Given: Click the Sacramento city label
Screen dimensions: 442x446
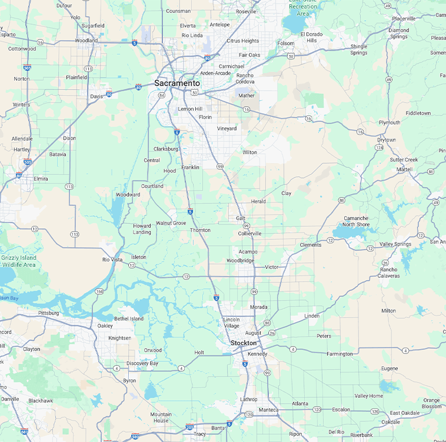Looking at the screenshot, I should point(177,83).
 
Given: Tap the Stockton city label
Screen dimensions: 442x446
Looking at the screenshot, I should point(244,343).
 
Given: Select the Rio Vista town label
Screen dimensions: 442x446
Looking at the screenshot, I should point(112,259).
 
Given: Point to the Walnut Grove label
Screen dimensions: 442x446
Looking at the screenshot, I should point(171,223).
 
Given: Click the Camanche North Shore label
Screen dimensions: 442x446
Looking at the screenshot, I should point(357,221).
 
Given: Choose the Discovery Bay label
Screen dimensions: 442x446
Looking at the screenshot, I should point(142,363).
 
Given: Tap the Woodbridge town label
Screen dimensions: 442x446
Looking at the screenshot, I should point(240,260).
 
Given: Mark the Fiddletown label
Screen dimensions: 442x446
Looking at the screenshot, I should point(418,113).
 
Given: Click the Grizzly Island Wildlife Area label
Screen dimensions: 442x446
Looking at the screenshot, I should point(18,261).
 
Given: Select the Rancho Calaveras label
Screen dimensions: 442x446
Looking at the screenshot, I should point(388,273).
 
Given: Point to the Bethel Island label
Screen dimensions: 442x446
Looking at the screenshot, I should point(128,319).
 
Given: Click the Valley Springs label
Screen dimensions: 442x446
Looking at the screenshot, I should point(395,244).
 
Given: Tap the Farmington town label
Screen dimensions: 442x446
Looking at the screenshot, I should point(340,354).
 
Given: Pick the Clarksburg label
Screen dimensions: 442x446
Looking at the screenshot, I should point(165,149).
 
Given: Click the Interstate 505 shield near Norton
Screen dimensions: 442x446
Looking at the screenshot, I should point(27,68).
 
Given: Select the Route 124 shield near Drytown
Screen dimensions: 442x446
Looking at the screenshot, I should point(379,147).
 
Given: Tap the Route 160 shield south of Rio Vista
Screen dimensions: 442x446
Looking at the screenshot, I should point(99,291).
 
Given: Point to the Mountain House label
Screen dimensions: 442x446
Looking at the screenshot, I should point(161,417).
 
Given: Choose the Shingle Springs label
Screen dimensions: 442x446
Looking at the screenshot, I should point(359,50).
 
